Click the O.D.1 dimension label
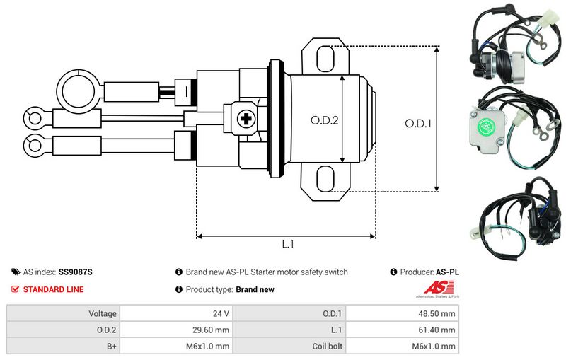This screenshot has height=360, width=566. click(418, 123)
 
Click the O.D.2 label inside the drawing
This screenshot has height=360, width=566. click(325, 120)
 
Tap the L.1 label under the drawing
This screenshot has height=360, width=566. click(287, 244)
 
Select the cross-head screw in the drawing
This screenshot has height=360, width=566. click(247, 119)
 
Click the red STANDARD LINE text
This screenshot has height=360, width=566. click(53, 289)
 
